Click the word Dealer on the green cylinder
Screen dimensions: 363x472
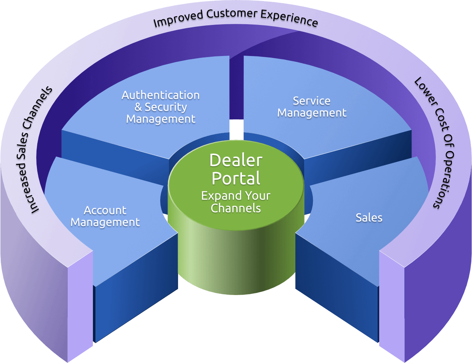click(x=236, y=160)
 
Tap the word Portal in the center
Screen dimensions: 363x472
click(x=236, y=178)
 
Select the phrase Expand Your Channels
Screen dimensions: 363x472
click(x=236, y=202)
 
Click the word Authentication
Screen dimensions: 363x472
click(x=161, y=95)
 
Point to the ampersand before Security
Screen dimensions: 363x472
click(x=138, y=107)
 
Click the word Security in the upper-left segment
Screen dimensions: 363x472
click(x=166, y=107)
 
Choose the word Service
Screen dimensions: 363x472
click(x=311, y=101)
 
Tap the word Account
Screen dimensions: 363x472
click(x=105, y=210)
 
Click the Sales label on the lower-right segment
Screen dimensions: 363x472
click(x=369, y=218)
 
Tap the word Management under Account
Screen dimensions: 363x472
click(x=105, y=222)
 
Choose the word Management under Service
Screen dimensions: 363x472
click(x=312, y=113)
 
